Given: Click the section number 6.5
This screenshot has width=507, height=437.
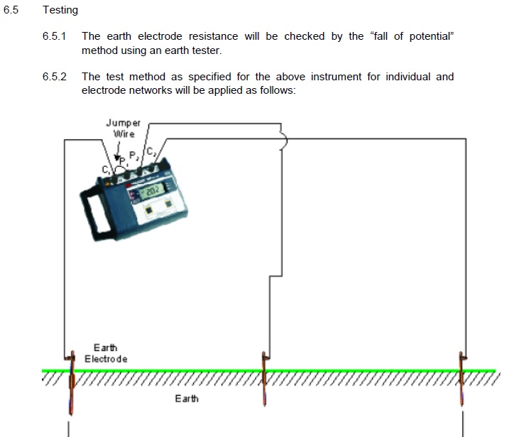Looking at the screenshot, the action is click(11, 10).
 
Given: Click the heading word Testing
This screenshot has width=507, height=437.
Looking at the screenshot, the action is click(60, 10).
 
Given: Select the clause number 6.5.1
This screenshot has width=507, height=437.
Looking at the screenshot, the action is click(54, 36).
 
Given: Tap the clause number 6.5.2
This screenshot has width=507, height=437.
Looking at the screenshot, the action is click(55, 77).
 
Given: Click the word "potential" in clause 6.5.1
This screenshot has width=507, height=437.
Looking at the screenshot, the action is click(432, 36).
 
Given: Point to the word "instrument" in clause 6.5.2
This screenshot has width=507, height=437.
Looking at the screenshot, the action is click(336, 77).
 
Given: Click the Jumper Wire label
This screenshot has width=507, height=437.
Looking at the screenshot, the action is click(124, 128).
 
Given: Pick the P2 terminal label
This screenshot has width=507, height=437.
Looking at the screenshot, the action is click(134, 156).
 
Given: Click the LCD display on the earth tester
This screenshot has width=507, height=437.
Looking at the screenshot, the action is click(153, 191).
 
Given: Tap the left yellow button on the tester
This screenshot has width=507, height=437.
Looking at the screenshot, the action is click(148, 210).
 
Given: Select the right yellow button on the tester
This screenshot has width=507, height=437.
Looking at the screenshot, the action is click(168, 203).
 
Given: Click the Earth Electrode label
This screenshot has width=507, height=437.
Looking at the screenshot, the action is click(106, 353).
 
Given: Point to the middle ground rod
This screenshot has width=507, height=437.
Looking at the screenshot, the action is click(264, 379).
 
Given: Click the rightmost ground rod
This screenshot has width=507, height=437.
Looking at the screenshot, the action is click(462, 379).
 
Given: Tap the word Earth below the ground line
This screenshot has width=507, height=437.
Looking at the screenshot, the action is click(187, 399).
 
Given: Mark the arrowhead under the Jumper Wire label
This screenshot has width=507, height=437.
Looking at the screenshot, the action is click(117, 158).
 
